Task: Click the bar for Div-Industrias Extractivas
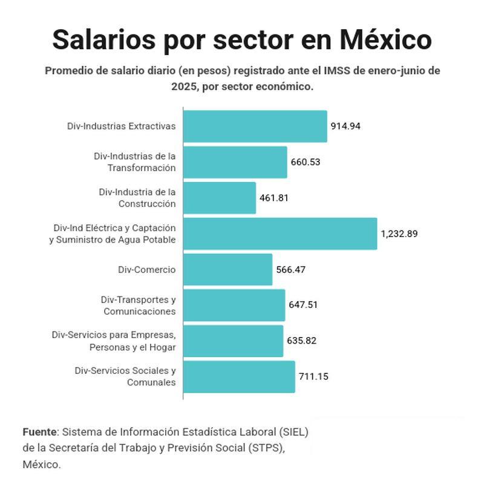tap(255, 126)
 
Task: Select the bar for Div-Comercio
tap(227, 269)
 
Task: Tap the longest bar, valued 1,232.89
tap(280, 234)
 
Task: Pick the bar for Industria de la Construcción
tap(219, 198)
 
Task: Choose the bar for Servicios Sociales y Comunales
tap(239, 376)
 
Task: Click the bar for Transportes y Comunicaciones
tap(234, 305)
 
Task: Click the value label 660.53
tap(306, 162)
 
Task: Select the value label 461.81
tap(275, 198)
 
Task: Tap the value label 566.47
tap(291, 269)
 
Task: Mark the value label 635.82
tap(302, 341)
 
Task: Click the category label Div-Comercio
tap(147, 269)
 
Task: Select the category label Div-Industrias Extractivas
tap(122, 126)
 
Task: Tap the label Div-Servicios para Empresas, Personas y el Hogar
tap(114, 341)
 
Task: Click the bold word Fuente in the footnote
tap(39, 432)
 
